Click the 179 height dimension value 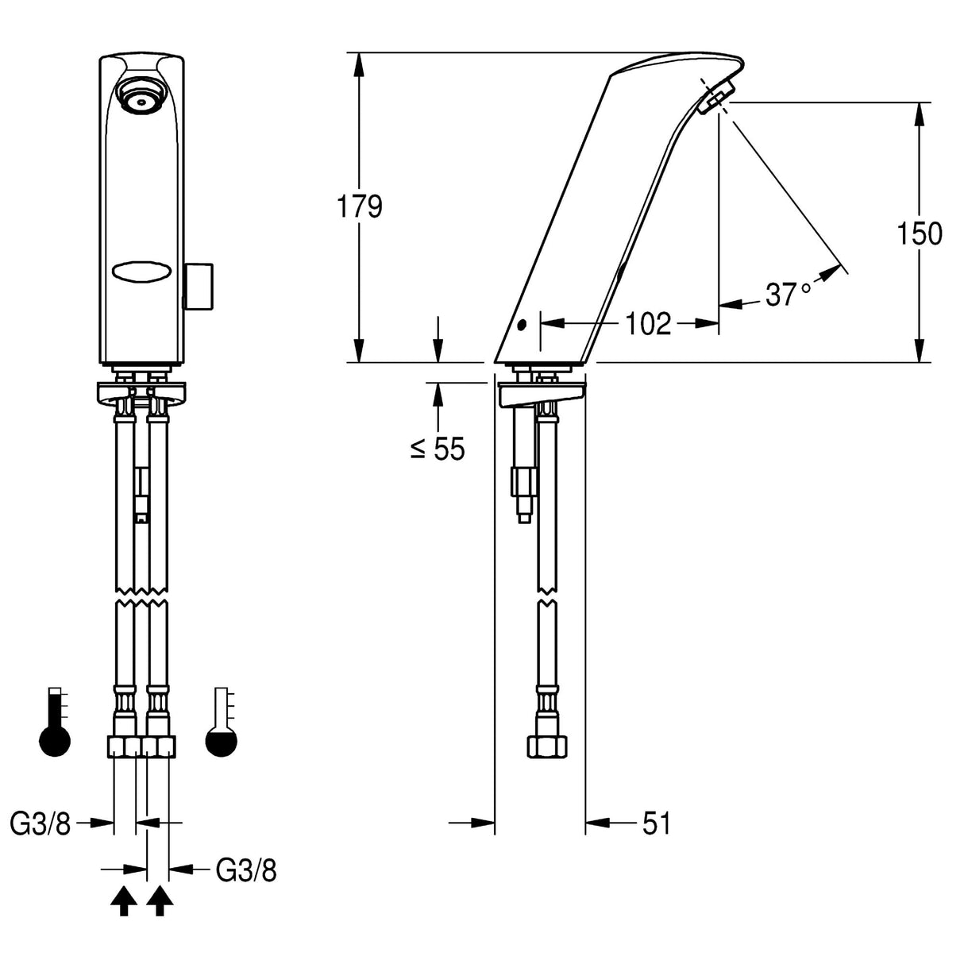(x=360, y=206)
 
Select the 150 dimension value (x=920, y=234)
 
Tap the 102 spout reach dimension (x=648, y=324)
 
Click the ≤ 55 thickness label (x=438, y=449)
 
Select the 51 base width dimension (x=657, y=823)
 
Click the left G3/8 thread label (x=40, y=823)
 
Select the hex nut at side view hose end (x=548, y=746)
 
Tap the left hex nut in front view (x=123, y=746)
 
